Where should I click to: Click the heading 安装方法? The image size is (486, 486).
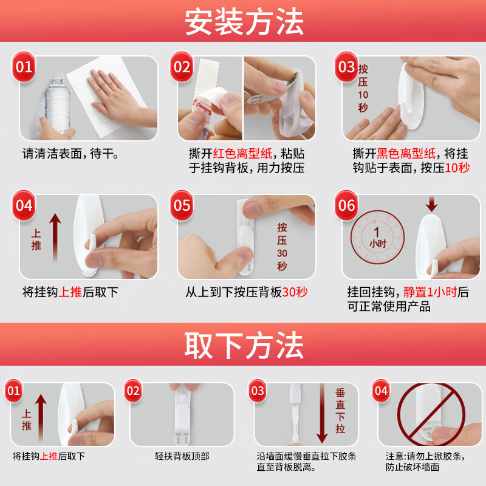pyautogui.click(x=244, y=22)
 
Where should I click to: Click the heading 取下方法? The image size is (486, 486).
pyautogui.click(x=244, y=345)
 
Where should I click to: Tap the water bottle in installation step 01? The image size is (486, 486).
pyautogui.click(x=58, y=104)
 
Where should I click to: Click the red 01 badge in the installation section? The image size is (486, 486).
pyautogui.click(x=24, y=67)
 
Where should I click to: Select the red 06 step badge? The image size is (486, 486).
pyautogui.click(x=346, y=205)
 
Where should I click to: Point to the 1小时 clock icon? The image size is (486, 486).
pyautogui.click(x=377, y=238)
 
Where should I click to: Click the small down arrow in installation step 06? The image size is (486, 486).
pyautogui.click(x=431, y=204)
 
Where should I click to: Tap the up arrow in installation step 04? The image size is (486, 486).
pyautogui.click(x=55, y=238)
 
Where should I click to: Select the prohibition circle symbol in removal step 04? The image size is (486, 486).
pyautogui.click(x=431, y=414)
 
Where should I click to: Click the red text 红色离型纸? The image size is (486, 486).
pyautogui.click(x=242, y=154)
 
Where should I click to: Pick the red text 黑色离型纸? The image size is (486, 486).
pyautogui.click(x=406, y=154)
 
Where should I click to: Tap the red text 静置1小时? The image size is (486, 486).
pyautogui.click(x=430, y=292)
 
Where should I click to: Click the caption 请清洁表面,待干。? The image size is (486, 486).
pyautogui.click(x=70, y=154)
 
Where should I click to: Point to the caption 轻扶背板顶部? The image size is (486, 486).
pyautogui.click(x=182, y=456)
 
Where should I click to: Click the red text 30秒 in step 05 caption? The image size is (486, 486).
pyautogui.click(x=295, y=292)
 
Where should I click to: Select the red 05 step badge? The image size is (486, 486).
pyautogui.click(x=182, y=205)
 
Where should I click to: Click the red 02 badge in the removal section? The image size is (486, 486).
pyautogui.click(x=133, y=391)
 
